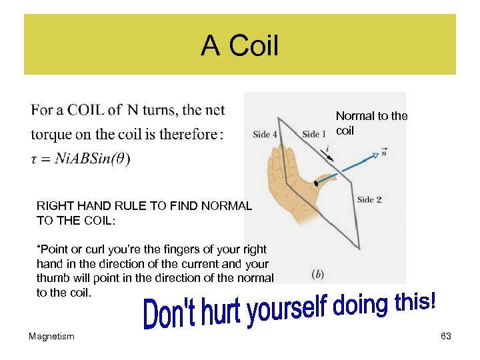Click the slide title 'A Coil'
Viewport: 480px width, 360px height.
coord(239,46)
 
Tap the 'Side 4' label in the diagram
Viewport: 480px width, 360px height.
coord(266,134)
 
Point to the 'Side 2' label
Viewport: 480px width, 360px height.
coord(369,199)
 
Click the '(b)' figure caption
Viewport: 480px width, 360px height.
coord(318,273)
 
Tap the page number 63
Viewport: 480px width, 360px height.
coord(446,337)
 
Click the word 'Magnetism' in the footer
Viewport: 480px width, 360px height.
coord(51,337)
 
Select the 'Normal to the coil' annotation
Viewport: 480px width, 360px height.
coord(371,123)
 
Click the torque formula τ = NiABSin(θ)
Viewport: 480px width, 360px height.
coord(81,159)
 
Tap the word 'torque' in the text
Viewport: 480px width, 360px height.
coord(51,134)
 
